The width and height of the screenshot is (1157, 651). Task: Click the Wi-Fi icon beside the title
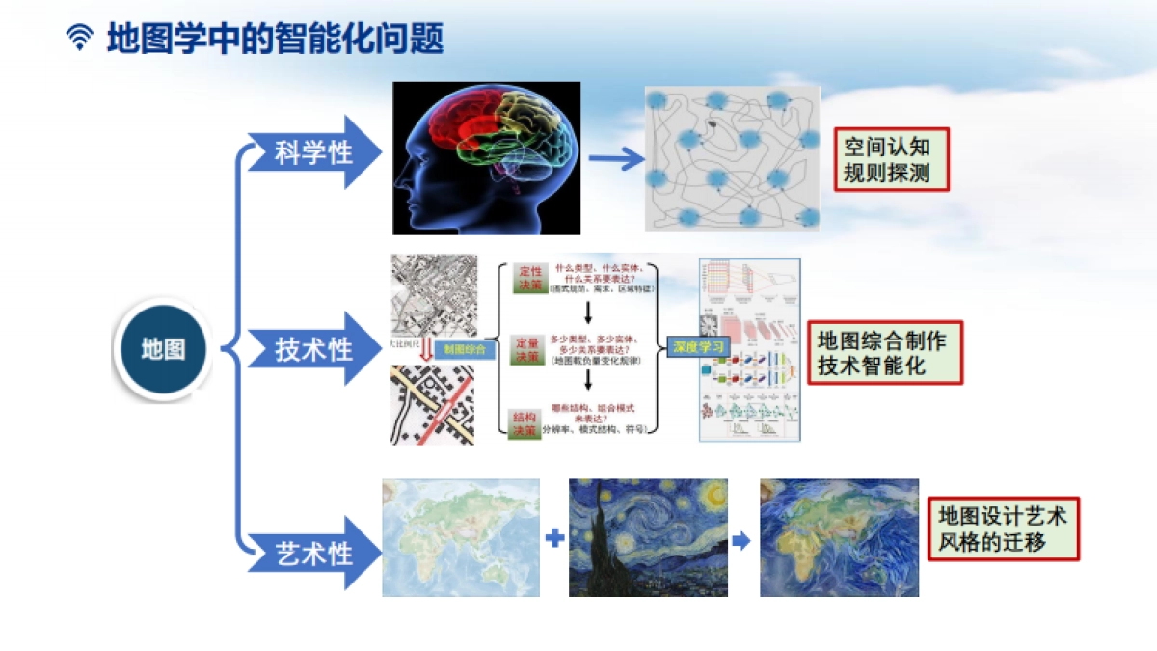[x=80, y=39]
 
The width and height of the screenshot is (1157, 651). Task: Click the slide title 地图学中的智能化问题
[x=276, y=40]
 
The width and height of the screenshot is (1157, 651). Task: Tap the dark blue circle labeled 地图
[x=163, y=349]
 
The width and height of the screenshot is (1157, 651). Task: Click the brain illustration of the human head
[x=486, y=158]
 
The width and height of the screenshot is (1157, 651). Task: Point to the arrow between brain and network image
[x=615, y=160]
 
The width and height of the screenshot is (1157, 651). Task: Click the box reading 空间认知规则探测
[x=891, y=160]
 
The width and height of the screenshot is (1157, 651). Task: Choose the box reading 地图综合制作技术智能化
[x=884, y=352]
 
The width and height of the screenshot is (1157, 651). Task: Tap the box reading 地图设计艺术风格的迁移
[x=1003, y=529]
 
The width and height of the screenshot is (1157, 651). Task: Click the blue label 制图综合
[x=466, y=348]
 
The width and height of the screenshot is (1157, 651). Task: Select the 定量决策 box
[x=527, y=350]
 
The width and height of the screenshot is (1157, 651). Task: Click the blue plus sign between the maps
[x=554, y=538]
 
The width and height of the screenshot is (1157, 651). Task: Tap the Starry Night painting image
[x=648, y=537]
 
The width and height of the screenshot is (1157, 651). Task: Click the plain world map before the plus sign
[x=460, y=537]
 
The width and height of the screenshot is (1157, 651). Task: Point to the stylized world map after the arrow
[x=839, y=537]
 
